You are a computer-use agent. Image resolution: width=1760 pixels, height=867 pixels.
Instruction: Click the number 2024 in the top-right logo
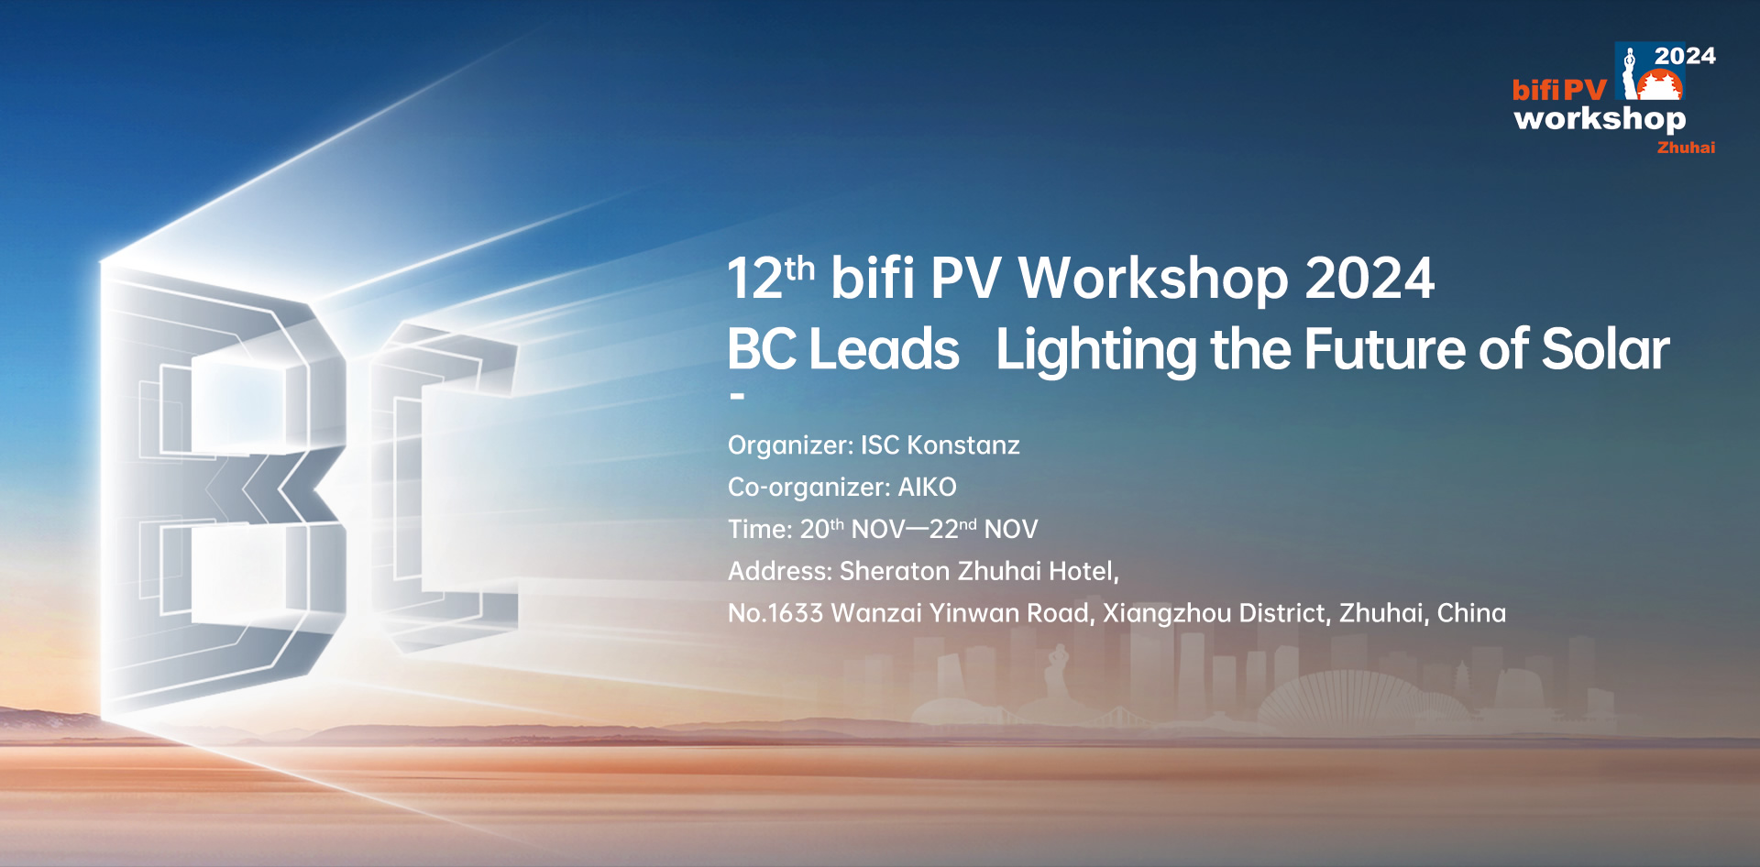click(x=1685, y=56)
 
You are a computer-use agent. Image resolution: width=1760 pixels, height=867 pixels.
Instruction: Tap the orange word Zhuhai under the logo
click(x=1686, y=148)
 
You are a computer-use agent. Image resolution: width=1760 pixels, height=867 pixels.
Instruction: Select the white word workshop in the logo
click(x=1600, y=119)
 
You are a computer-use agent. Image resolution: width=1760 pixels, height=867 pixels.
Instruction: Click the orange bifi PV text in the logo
click(x=1559, y=90)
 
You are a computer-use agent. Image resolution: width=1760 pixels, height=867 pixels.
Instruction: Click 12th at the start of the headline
click(x=770, y=277)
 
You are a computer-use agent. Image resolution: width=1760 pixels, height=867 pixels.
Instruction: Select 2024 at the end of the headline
click(x=1369, y=279)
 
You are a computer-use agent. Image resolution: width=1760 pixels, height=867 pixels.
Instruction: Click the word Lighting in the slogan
click(x=1096, y=350)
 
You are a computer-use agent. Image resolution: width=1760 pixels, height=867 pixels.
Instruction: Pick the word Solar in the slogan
click(x=1605, y=349)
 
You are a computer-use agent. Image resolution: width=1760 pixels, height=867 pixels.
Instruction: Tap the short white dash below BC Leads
click(x=737, y=397)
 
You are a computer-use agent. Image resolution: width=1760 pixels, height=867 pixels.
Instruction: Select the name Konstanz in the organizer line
click(x=962, y=445)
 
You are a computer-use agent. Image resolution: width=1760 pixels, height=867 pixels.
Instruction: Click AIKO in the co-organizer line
click(x=927, y=488)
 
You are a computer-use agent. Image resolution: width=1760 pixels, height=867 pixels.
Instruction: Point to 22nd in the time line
click(x=952, y=529)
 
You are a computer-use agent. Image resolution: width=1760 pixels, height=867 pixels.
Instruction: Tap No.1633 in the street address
click(x=775, y=613)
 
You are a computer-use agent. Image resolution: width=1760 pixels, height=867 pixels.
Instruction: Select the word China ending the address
click(x=1471, y=613)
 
